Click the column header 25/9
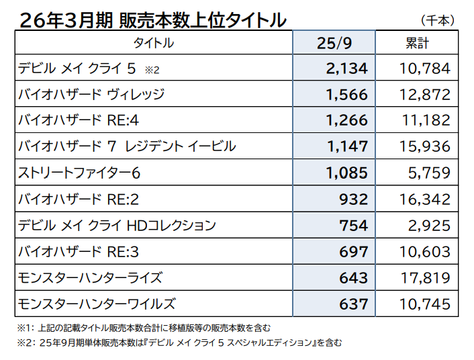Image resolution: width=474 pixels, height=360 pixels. pos(334,43)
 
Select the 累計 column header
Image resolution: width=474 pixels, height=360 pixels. pos(417,43)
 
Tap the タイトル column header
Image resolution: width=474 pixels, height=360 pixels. pos(154,43)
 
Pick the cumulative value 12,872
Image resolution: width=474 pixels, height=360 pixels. pos(423,95)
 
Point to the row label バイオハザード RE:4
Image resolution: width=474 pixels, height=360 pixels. pos(79,121)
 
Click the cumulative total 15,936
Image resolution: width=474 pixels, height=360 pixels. pos(423,146)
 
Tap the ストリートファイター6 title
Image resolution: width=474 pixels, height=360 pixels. pos(79,173)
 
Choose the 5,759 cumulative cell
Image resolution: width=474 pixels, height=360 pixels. pos(428,173)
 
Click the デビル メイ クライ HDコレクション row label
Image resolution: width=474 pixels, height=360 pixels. pos(117,225)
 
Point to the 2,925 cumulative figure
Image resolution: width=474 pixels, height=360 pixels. pos(428,225)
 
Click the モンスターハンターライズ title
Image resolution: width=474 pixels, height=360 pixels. pos(91,277)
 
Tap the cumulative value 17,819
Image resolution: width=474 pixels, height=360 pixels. pos(423,277)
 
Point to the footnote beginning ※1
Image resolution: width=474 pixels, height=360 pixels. pos(144,328)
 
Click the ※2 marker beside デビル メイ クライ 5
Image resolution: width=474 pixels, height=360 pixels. pos(151,70)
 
